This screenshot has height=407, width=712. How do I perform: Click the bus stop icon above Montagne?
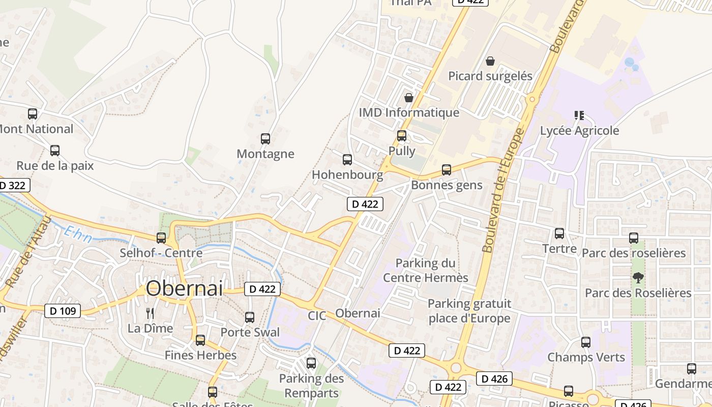pyautogui.click(x=265, y=138)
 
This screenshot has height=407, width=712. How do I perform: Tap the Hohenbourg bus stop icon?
pyautogui.click(x=347, y=160)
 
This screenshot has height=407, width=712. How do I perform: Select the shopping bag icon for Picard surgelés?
pyautogui.click(x=490, y=61)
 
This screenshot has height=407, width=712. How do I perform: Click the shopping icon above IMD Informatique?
pyautogui.click(x=408, y=97)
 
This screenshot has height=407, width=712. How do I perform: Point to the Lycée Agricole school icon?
pyautogui.click(x=579, y=115)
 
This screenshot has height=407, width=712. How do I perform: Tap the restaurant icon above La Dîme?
pyautogui.click(x=150, y=313)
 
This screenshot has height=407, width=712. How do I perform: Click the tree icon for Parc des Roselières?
pyautogui.click(x=638, y=278)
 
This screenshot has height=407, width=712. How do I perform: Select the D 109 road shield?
pyautogui.click(x=63, y=310)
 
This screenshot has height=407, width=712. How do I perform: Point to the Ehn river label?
pyautogui.click(x=77, y=235)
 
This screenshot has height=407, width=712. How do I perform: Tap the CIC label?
pyautogui.click(x=317, y=316)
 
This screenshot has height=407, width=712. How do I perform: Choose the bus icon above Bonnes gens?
pyautogui.click(x=446, y=170)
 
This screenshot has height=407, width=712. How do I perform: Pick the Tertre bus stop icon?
pyautogui.click(x=559, y=234)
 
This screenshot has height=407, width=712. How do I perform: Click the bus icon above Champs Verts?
pyautogui.click(x=586, y=342)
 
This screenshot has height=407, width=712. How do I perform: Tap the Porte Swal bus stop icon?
pyautogui.click(x=250, y=317)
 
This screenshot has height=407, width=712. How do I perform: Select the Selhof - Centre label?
pyautogui.click(x=161, y=253)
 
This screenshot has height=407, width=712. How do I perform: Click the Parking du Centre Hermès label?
pyautogui.click(x=425, y=270)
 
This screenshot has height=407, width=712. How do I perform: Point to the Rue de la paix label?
pyautogui.click(x=55, y=166)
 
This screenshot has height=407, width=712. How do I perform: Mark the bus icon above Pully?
pyautogui.click(x=402, y=136)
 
